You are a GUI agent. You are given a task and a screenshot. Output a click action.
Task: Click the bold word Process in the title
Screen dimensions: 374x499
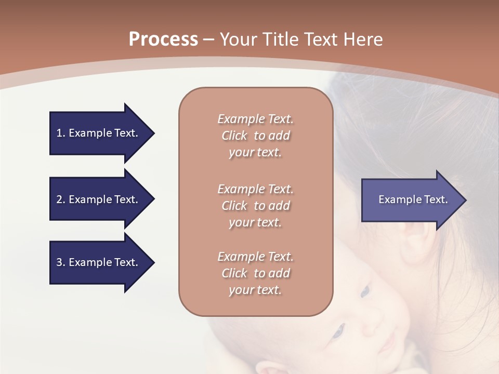pyautogui.click(x=163, y=39)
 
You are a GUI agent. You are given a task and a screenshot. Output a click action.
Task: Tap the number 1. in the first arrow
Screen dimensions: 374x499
pyautogui.click(x=61, y=133)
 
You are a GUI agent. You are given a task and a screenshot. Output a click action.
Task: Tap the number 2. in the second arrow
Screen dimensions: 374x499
pyautogui.click(x=61, y=199)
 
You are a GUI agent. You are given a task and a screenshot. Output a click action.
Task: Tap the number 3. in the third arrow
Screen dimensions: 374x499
pyautogui.click(x=61, y=262)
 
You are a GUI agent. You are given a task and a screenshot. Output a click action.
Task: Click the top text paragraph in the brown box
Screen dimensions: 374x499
pyautogui.click(x=255, y=136)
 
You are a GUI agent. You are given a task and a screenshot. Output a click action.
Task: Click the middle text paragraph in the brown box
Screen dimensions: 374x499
pyautogui.click(x=255, y=206)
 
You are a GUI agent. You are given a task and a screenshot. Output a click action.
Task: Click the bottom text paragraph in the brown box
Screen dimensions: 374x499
pyautogui.click(x=255, y=273)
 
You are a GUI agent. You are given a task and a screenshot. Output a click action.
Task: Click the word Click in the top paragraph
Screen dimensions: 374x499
pyautogui.click(x=234, y=136)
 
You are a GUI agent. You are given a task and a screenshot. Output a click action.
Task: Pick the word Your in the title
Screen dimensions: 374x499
pyautogui.click(x=238, y=39)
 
